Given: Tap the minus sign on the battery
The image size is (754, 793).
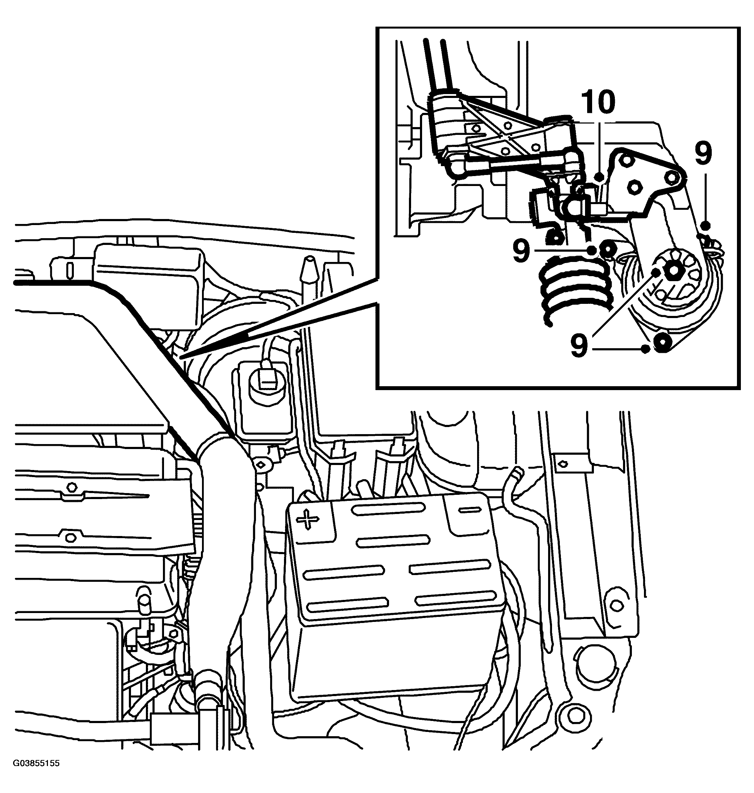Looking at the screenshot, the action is (x=470, y=510).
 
